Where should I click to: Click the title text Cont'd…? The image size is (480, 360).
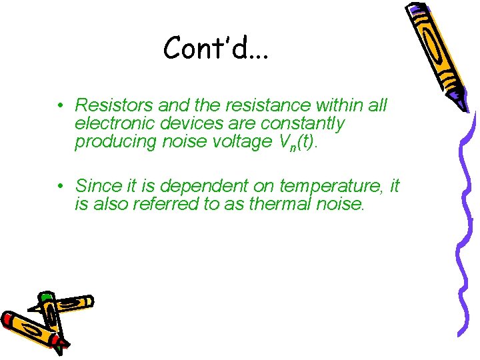click(215, 48)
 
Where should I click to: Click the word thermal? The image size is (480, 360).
click(281, 203)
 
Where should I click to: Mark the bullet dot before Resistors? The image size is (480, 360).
click(60, 106)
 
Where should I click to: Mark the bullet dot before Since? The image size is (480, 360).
click(60, 185)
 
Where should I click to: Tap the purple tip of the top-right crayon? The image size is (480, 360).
click(461, 104)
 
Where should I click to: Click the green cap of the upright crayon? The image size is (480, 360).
click(46, 298)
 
